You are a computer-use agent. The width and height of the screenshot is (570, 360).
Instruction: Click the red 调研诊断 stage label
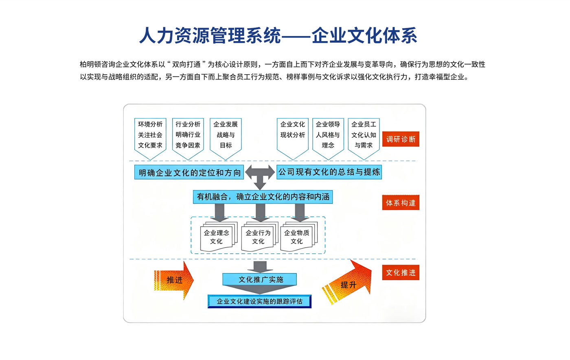(401, 139)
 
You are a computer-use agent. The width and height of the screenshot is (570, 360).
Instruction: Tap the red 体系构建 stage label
(401, 203)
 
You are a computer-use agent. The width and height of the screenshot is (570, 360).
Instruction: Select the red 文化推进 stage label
(401, 272)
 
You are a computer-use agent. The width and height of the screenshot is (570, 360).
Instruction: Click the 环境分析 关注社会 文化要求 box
(150, 135)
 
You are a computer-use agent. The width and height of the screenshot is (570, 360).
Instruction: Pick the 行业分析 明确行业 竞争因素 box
(188, 135)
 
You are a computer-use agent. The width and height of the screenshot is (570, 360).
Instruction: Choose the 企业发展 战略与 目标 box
(226, 135)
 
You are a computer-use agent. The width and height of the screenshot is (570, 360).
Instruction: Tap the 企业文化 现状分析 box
(292, 135)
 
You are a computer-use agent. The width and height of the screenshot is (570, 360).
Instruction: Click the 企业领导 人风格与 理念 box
(328, 135)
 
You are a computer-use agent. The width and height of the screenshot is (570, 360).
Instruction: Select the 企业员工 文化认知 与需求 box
(364, 135)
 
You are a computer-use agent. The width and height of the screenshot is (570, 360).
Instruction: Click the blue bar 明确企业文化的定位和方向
(189, 172)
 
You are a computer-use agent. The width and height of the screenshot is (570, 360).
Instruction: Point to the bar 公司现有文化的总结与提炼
(329, 172)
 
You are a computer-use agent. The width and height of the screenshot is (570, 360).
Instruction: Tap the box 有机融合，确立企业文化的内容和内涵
(263, 197)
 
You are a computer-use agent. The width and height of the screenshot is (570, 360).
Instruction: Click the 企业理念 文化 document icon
(217, 237)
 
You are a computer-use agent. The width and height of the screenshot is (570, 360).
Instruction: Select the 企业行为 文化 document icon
(258, 237)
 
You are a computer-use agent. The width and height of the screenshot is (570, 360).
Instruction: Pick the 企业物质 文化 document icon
(297, 237)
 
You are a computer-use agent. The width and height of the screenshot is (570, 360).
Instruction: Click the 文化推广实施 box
(260, 279)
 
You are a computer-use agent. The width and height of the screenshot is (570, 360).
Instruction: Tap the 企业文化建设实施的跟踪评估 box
(259, 301)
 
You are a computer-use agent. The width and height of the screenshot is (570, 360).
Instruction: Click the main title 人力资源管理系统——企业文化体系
(278, 35)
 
